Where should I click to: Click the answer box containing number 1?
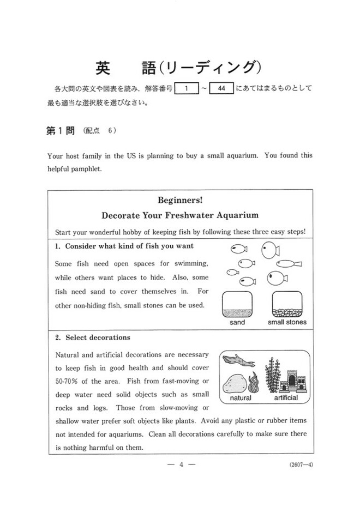(x=187, y=88)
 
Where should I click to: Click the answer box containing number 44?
(x=221, y=88)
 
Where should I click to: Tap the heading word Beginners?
(x=180, y=201)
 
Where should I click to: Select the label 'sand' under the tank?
(x=237, y=322)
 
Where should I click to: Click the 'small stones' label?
(x=287, y=322)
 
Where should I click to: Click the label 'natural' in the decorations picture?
(x=241, y=398)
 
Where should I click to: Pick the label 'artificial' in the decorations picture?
(x=285, y=398)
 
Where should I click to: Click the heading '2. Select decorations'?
(x=93, y=337)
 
